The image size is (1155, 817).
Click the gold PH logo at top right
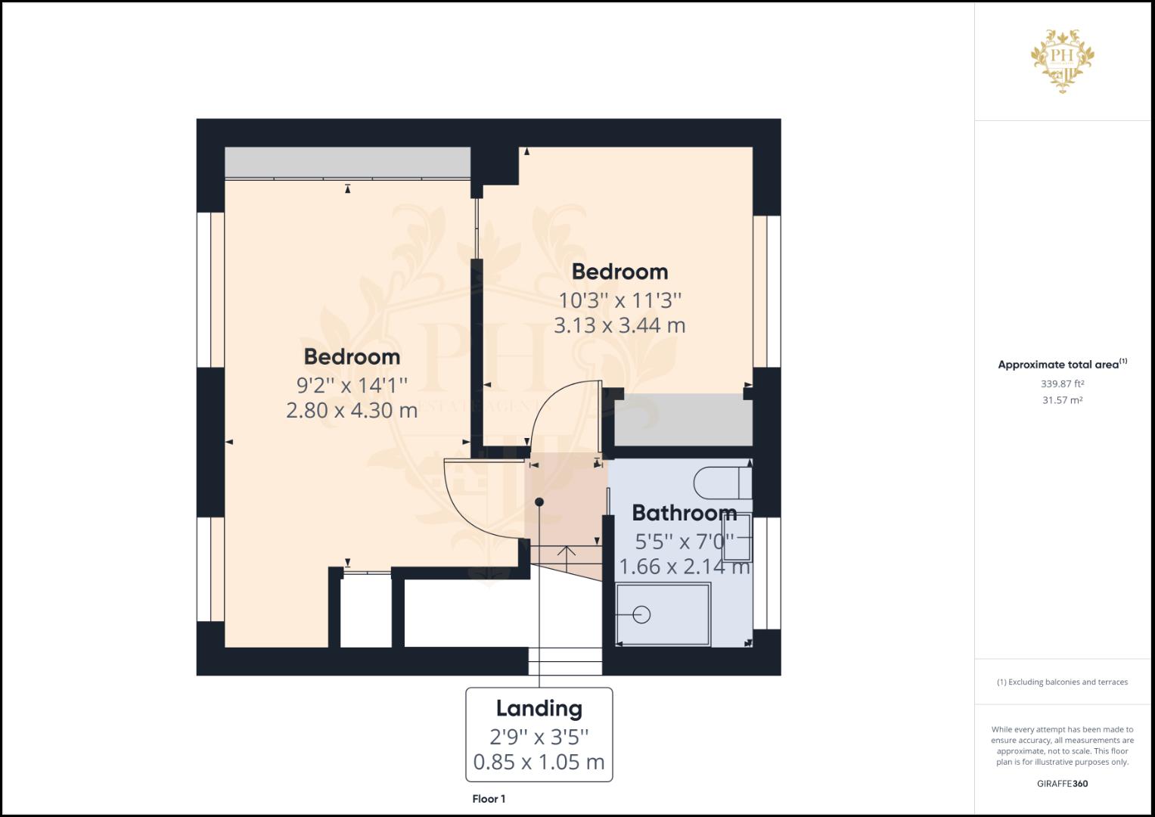[x=1062, y=61]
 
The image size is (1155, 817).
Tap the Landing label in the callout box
[x=539, y=709]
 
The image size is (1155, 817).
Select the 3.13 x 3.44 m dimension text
[x=619, y=325]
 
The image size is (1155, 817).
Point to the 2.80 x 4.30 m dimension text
[x=352, y=411]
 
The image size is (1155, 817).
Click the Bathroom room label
[x=685, y=513]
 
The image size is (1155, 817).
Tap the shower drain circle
[x=641, y=615]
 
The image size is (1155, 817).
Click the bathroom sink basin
[x=737, y=537]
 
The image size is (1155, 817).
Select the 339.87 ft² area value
[x=1062, y=384]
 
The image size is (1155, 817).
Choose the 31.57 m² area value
[x=1062, y=400]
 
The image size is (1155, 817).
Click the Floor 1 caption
[x=489, y=799]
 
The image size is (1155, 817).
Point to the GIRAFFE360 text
[x=1062, y=784]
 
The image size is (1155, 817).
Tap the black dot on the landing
[x=539, y=502]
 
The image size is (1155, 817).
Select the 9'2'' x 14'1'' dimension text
[x=352, y=385]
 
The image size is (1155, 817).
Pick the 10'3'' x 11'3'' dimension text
[x=619, y=300]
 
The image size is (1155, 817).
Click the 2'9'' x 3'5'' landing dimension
[x=539, y=737]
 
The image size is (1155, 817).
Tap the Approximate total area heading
[x=1062, y=364]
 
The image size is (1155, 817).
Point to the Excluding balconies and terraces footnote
[x=1062, y=682]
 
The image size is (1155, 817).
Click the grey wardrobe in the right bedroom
[x=684, y=420]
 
